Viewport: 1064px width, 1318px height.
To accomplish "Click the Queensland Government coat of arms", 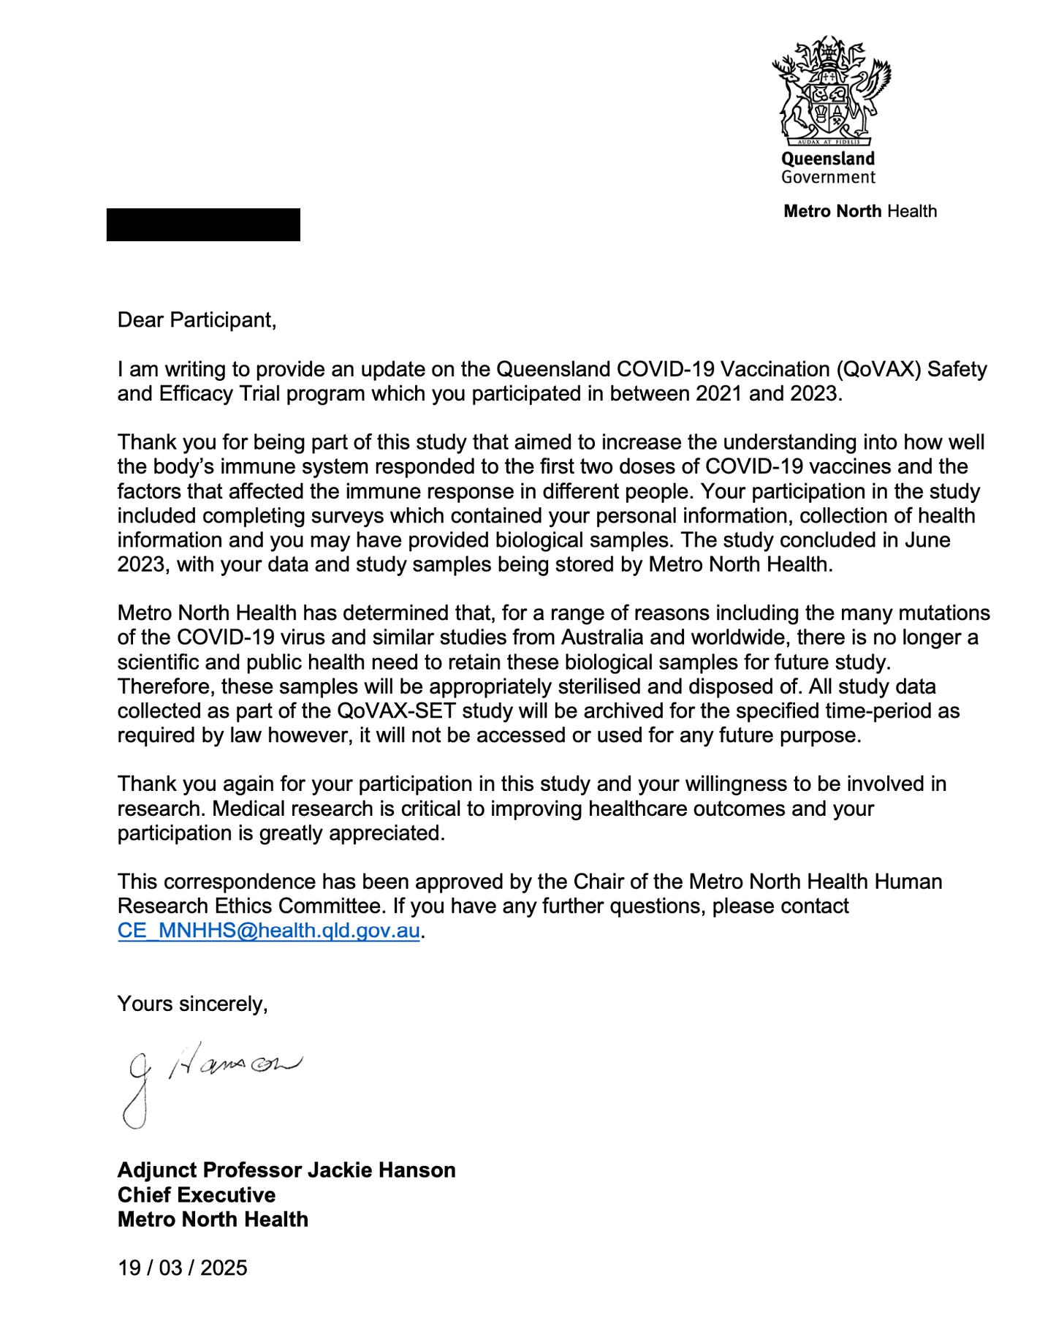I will [x=831, y=90].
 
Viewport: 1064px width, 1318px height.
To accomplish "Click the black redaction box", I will [x=203, y=224].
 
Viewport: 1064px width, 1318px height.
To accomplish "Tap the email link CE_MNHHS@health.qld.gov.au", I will [x=268, y=931].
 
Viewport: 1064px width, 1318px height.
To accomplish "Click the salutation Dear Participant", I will [x=197, y=320].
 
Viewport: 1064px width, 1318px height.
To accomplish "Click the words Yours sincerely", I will [x=192, y=1004].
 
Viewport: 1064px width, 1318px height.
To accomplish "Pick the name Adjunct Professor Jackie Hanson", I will [x=286, y=1170].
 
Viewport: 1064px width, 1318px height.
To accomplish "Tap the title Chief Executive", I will [x=197, y=1194].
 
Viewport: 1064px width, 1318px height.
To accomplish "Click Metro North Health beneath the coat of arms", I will [x=859, y=211].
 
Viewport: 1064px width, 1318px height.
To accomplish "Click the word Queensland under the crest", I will [x=828, y=159].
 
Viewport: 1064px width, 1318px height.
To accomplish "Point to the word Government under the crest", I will [x=828, y=177].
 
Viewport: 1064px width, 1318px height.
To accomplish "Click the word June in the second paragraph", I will [x=928, y=539].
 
